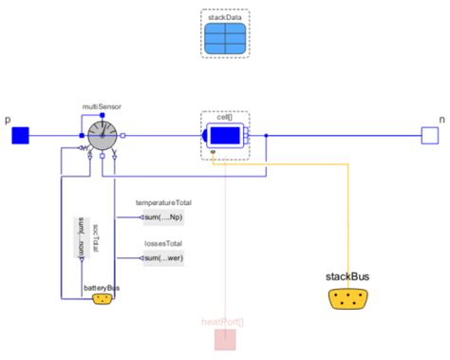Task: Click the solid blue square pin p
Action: pos(21,136)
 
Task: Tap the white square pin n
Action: pos(429,136)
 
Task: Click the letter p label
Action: pos(8,121)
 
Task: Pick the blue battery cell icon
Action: pos(225,136)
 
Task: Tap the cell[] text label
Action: pos(225,118)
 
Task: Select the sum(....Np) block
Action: pos(163,218)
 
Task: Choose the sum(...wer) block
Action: pos(163,257)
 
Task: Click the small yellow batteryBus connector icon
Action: pos(102,299)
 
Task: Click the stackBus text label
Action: pos(348,276)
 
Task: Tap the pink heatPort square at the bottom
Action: pos(224,339)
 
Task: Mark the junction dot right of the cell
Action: pos(267,136)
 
